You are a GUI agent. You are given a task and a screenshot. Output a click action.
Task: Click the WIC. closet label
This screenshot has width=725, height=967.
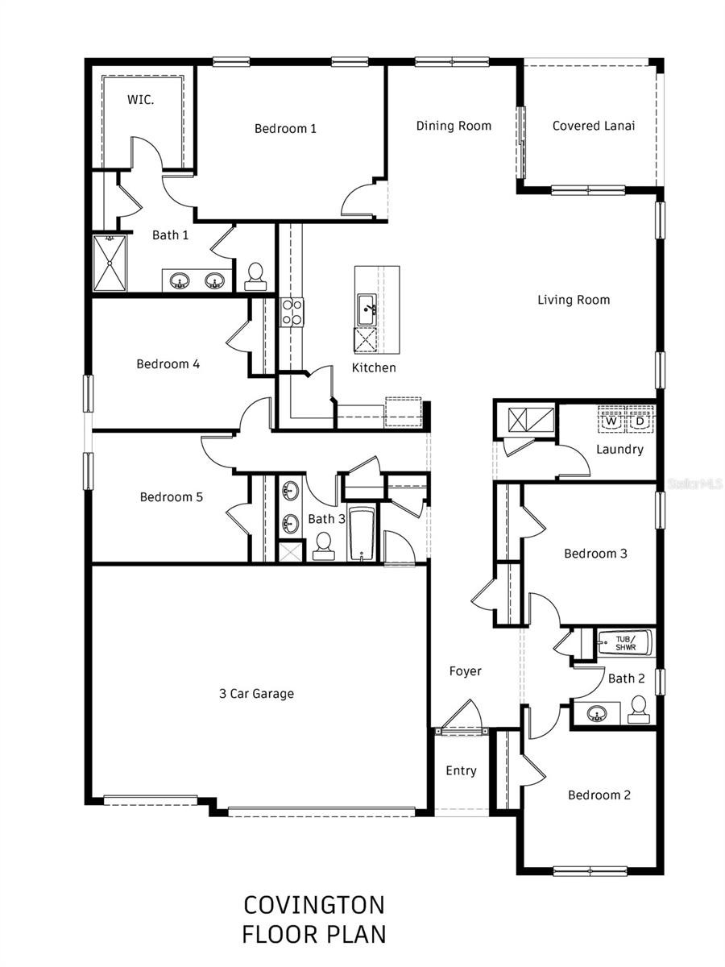click(x=141, y=100)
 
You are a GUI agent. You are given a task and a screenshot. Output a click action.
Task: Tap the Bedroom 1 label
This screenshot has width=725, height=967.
click(x=285, y=128)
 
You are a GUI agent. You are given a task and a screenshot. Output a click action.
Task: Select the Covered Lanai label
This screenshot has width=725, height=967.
click(x=593, y=126)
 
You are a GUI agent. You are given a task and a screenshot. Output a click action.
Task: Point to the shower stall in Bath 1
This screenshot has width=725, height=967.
click(x=110, y=263)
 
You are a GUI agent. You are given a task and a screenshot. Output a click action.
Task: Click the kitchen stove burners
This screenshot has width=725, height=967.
click(x=291, y=312)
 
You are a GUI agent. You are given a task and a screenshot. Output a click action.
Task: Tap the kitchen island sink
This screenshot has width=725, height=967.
click(x=367, y=308)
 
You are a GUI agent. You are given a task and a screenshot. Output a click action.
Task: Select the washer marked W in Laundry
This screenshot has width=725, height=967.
click(x=611, y=421)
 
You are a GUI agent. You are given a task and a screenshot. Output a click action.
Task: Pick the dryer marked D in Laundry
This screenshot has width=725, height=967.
click(x=640, y=421)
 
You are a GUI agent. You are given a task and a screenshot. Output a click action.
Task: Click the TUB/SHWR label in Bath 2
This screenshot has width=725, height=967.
click(x=625, y=643)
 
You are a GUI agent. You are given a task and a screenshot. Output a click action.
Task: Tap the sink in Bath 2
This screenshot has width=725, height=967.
click(x=596, y=713)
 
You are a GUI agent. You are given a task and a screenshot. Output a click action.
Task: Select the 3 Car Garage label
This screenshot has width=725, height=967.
click(x=256, y=693)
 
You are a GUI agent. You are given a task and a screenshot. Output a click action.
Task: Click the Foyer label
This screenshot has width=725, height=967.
click(x=465, y=671)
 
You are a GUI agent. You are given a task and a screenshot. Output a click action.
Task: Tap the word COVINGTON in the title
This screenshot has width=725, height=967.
click(x=314, y=905)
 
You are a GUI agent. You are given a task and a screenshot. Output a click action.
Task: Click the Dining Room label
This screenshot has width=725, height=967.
click(x=454, y=126)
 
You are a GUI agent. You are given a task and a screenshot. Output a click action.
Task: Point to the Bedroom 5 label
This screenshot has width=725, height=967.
click(x=171, y=497)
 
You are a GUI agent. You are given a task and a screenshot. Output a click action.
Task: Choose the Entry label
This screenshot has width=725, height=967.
click(x=461, y=771)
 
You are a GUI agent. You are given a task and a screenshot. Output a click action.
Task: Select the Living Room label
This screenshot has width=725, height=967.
click(x=574, y=300)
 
